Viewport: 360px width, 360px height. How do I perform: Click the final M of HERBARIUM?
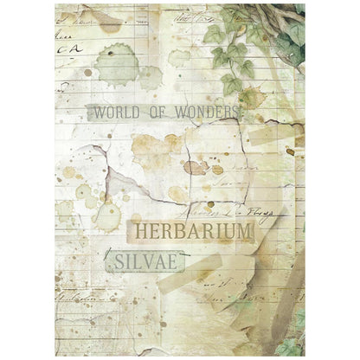coord(246,232)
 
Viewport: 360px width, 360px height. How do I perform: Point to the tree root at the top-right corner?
coord(285,17)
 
